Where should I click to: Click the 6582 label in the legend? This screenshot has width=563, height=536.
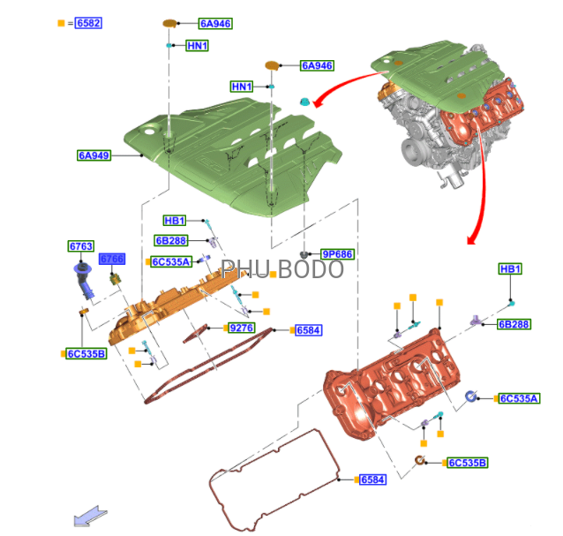tap(88, 23)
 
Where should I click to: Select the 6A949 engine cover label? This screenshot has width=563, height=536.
tap(94, 155)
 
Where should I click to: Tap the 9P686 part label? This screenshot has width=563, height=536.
tap(337, 254)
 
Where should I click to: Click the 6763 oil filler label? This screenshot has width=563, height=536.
tap(81, 246)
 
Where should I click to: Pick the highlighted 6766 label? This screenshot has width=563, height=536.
tap(112, 259)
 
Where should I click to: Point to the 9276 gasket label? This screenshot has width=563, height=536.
tap(242, 328)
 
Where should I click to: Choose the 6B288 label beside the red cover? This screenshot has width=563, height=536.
tap(514, 324)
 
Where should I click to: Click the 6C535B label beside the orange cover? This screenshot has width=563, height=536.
tap(86, 354)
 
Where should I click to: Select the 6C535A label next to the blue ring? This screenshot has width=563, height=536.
tap(520, 398)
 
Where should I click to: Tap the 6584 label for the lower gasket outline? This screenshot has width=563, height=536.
tap(372, 479)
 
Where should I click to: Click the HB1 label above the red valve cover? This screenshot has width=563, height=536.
tap(510, 268)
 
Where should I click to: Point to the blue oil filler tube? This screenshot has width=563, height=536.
tap(84, 281)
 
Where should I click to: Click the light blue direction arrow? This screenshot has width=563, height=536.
tap(90, 517)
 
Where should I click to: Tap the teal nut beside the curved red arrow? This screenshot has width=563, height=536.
tap(304, 102)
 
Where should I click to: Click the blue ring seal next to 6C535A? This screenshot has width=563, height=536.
tap(470, 396)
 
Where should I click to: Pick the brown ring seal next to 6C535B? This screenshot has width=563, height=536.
tap(420, 460)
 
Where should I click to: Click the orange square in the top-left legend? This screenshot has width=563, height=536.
tap(61, 23)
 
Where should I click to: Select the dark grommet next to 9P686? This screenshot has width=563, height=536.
tap(304, 254)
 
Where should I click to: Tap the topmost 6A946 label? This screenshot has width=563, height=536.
tap(215, 23)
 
